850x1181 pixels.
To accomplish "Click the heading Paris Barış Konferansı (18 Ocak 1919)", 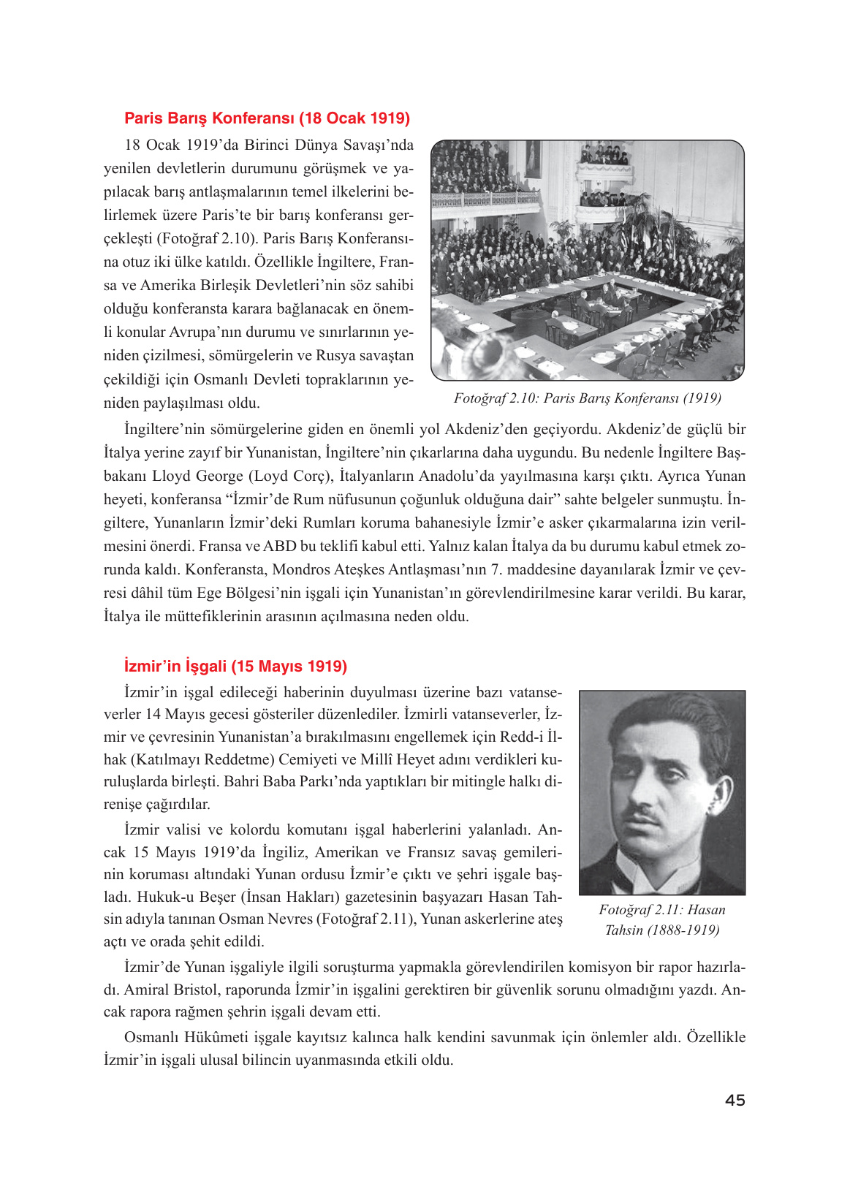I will coord(267,118).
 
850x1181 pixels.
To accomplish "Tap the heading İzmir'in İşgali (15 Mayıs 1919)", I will coord(235,667).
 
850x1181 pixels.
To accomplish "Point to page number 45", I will coord(735,1100).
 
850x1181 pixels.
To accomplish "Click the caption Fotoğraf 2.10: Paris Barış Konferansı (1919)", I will coord(587,398).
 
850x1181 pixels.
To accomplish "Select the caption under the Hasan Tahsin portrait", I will coord(661,920).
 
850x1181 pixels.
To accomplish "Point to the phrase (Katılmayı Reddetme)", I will coord(202,760).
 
